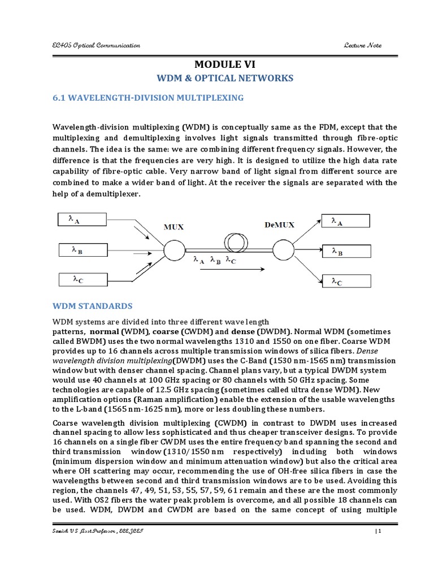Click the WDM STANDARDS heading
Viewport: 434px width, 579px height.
point(93,306)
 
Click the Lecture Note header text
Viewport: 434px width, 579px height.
point(362,45)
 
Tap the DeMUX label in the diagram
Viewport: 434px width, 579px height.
point(280,224)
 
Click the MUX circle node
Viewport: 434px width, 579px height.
point(173,249)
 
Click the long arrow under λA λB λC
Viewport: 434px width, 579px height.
point(227,270)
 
